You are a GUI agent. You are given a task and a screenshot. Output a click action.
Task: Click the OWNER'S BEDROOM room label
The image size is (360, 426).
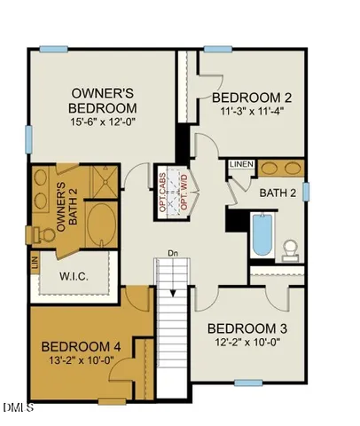(x=101, y=99)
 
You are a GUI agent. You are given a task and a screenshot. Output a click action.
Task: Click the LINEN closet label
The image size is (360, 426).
(x=241, y=164)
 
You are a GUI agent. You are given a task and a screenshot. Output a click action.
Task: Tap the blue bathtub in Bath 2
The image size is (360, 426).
(x=261, y=234)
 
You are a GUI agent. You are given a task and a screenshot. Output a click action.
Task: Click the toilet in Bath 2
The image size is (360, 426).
(x=290, y=249)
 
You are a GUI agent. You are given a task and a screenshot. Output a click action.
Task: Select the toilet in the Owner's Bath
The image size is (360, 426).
(x=41, y=233)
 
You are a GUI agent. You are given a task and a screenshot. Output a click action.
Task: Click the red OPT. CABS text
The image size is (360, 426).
(x=161, y=191)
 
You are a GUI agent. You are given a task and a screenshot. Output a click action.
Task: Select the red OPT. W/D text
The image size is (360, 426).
(x=184, y=191)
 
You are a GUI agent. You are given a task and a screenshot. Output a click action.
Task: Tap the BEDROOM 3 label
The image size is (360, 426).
(x=247, y=328)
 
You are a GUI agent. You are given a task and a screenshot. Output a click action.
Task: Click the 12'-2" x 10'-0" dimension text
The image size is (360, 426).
(x=247, y=343)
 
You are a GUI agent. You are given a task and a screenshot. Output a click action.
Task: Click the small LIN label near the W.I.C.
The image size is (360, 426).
(x=35, y=264)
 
